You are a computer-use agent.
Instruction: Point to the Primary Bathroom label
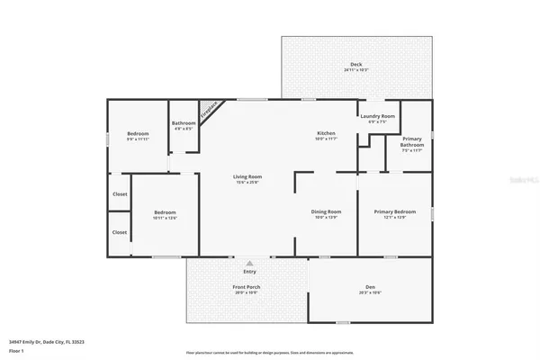[412, 141]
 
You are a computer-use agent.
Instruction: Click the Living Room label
[247, 177]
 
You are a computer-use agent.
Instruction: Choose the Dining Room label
[326, 211]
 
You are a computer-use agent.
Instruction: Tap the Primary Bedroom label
[395, 211]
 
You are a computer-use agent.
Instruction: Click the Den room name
[370, 286]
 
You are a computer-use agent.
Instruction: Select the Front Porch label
[247, 287]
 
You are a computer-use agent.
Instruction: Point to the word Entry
[249, 272]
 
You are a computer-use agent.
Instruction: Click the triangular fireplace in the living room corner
[208, 111]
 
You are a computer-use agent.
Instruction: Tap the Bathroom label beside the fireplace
[184, 123]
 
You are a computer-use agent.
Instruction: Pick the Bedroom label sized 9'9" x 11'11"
[138, 134]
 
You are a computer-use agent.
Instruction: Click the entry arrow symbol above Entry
[249, 263]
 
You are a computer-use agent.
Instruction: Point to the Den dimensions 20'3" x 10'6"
[370, 292]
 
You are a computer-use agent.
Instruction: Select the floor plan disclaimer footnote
[269, 352]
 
